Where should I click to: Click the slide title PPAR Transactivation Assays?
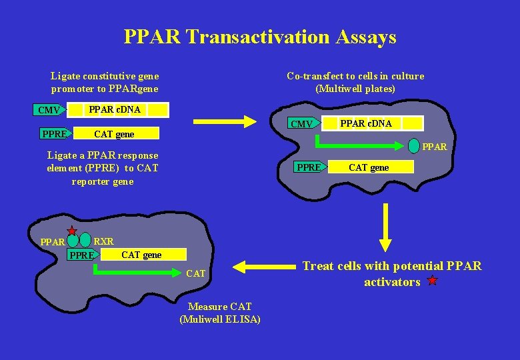click(260, 37)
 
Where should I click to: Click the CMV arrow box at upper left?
click(49, 110)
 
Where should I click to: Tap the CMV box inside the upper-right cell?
click(302, 124)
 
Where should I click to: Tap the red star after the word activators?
click(432, 281)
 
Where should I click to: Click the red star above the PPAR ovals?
click(72, 230)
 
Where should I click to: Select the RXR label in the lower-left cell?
click(104, 241)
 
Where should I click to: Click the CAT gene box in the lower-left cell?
click(141, 255)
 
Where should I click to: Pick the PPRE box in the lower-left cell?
click(83, 255)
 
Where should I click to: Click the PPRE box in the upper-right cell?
click(309, 167)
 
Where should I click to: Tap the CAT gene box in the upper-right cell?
click(369, 167)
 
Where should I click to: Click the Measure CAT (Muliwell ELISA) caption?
click(220, 313)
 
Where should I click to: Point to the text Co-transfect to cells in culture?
click(355, 76)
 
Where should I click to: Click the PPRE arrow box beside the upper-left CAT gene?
click(55, 134)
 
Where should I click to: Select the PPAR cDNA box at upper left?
click(115, 109)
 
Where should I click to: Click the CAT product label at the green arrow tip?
click(196, 273)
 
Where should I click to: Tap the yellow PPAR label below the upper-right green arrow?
click(435, 147)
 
